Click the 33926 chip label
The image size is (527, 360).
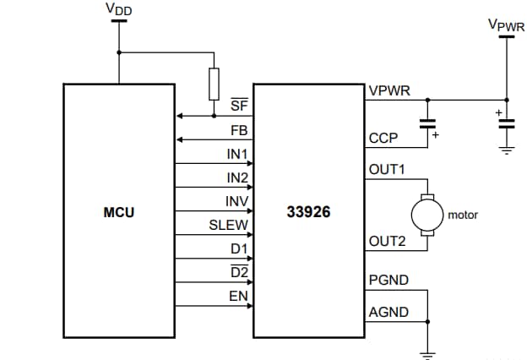308,213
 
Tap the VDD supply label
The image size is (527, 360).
119,9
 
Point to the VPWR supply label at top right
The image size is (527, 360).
506,25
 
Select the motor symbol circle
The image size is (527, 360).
427,214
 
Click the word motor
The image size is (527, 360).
462,215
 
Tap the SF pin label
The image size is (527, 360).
239,104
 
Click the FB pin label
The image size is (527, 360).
239,131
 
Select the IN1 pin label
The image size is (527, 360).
236,155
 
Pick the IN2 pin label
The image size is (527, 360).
236,178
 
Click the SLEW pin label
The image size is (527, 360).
228,225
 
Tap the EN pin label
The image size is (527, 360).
238,296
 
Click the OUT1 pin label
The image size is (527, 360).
387,169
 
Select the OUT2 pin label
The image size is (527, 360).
387,241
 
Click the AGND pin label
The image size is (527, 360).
388,312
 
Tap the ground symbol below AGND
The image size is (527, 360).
427,352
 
